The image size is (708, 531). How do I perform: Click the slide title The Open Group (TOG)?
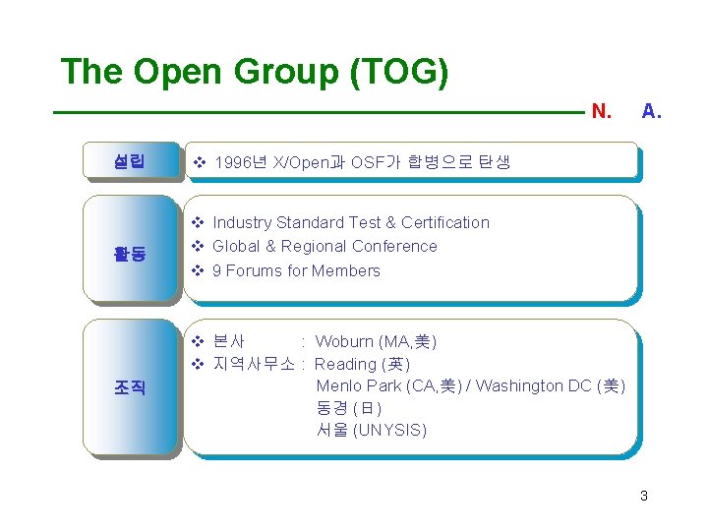click(x=255, y=72)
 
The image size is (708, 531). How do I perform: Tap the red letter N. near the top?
click(x=602, y=112)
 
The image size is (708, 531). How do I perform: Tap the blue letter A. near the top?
click(x=651, y=112)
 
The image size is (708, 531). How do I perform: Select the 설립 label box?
click(x=130, y=161)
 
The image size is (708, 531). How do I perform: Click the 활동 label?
click(x=130, y=255)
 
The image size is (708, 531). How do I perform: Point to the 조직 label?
click(x=130, y=387)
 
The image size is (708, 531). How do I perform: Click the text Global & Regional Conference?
click(x=324, y=246)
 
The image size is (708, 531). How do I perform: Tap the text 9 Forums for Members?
click(x=296, y=270)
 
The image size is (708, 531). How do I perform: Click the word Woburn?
click(x=344, y=342)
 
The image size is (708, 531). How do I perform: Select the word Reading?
click(x=344, y=364)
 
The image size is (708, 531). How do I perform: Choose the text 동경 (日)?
click(x=348, y=408)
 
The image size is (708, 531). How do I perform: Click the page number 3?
click(x=643, y=496)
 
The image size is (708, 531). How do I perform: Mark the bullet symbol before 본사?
click(x=197, y=342)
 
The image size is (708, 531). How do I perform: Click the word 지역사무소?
click(x=254, y=364)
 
